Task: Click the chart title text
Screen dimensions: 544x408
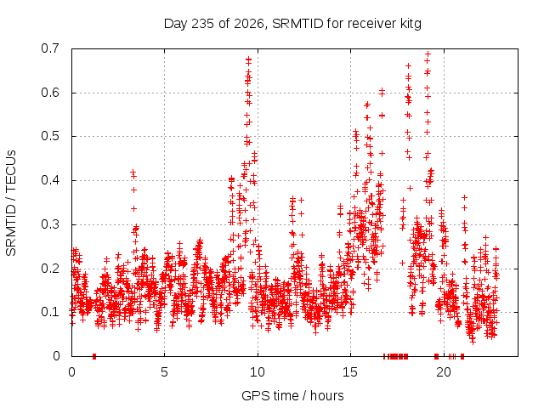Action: [292, 24]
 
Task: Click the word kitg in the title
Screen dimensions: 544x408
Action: [410, 24]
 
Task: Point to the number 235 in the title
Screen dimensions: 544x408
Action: [202, 24]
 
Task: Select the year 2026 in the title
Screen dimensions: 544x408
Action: [248, 24]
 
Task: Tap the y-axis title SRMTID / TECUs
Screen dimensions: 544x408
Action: [11, 203]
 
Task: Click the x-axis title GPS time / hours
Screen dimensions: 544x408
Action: [292, 395]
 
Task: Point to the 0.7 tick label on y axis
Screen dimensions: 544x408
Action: [50, 48]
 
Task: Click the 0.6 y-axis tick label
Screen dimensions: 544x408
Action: [50, 93]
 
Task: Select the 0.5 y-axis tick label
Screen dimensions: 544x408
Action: [50, 136]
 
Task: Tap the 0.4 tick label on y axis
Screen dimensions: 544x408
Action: [50, 180]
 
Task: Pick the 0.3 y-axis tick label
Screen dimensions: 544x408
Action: [50, 224]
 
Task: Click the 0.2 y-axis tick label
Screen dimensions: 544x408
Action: [50, 269]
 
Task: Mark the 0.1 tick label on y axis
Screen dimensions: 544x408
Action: [50, 312]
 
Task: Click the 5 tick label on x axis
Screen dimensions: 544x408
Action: [164, 372]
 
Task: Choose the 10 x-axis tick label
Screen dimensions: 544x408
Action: [257, 372]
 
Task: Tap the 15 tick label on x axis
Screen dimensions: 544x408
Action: [350, 372]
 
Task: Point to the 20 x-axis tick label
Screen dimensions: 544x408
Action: [444, 372]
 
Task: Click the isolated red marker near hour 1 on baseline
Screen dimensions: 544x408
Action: [94, 356]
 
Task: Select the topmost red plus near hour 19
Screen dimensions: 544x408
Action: [428, 54]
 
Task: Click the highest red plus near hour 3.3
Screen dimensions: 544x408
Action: [133, 172]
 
